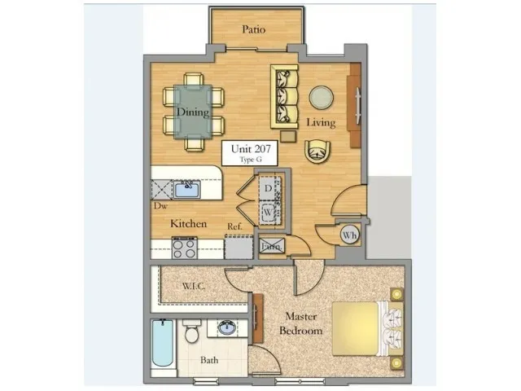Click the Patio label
[253, 29]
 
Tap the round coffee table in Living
[322, 98]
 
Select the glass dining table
[193, 112]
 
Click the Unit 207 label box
[251, 152]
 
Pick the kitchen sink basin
[186, 190]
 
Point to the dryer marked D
[268, 188]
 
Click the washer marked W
[268, 212]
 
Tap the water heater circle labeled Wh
[349, 235]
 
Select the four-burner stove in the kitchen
[185, 248]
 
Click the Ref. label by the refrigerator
[234, 226]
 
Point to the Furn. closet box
[272, 247]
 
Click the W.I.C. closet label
[194, 286]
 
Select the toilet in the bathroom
[192, 332]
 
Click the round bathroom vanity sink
[227, 327]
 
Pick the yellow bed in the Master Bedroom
[367, 328]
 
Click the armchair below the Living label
[317, 152]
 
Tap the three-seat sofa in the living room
[284, 96]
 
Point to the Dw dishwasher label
[160, 206]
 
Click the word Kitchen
[188, 223]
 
